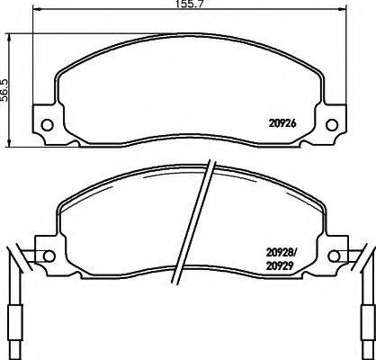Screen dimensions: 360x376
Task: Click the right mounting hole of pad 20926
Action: point(330,124)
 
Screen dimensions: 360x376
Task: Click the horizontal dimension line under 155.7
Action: point(188,14)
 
